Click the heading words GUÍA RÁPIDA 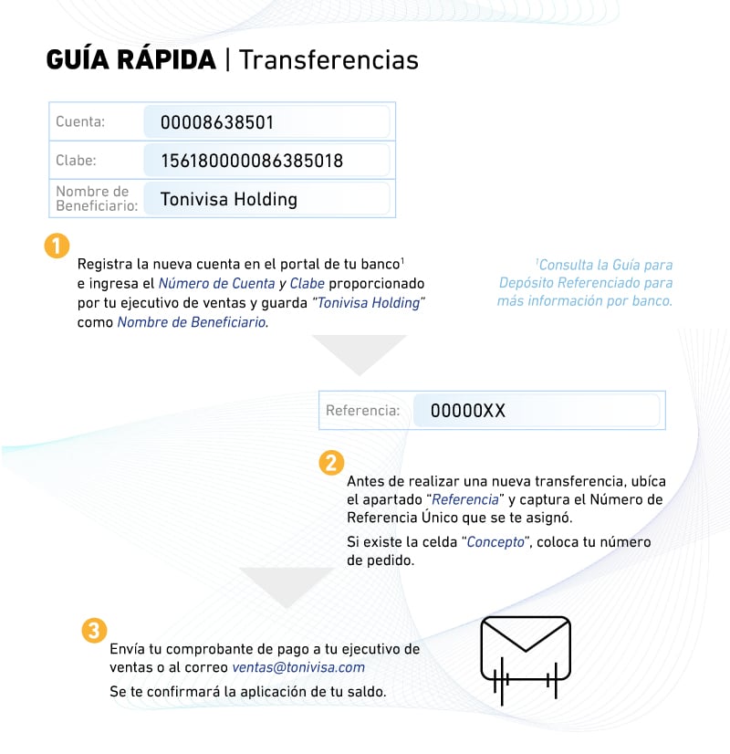pyautogui.click(x=130, y=61)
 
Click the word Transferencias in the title pyautogui.click(x=328, y=61)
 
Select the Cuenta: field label pyautogui.click(x=80, y=121)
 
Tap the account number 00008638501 pyautogui.click(x=217, y=122)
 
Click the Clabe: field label pyautogui.click(x=76, y=161)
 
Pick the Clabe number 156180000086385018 pyautogui.click(x=252, y=162)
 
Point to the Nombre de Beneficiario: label pyautogui.click(x=96, y=198)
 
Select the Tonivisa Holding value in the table pyautogui.click(x=229, y=199)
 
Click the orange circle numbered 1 pyautogui.click(x=57, y=246)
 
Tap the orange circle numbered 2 pyautogui.click(x=330, y=463)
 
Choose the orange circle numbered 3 pyautogui.click(x=93, y=631)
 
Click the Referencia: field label pyautogui.click(x=362, y=411)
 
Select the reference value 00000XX pyautogui.click(x=467, y=411)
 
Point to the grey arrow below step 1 pyautogui.click(x=359, y=352)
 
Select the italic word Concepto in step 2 pyautogui.click(x=495, y=541)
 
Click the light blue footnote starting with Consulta pyautogui.click(x=587, y=282)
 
